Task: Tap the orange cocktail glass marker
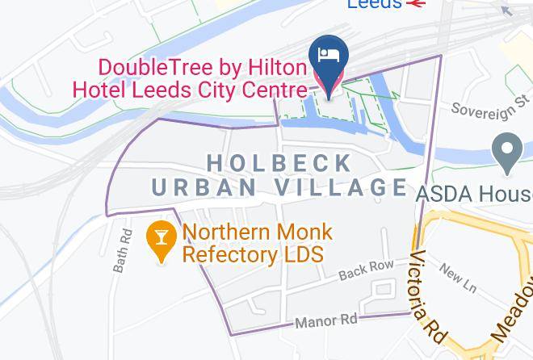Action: click(x=162, y=240)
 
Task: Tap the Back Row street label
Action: click(x=367, y=270)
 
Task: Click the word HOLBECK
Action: click(x=279, y=163)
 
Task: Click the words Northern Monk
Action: click(x=257, y=232)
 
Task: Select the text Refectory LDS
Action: click(x=252, y=255)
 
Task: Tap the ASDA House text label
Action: click(x=474, y=194)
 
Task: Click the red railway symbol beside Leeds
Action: click(x=417, y=4)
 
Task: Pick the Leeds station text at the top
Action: click(x=375, y=4)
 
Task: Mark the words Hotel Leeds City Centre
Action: click(x=190, y=90)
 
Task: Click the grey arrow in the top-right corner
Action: click(x=507, y=10)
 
